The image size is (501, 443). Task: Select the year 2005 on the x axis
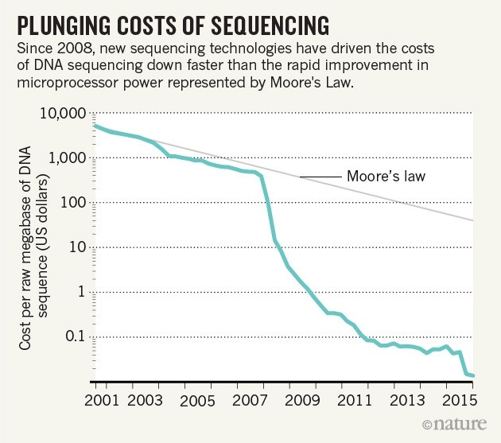pyautogui.click(x=203, y=398)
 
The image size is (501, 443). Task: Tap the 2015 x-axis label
pyautogui.click(x=461, y=398)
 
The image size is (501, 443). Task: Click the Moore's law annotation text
pyautogui.click(x=387, y=176)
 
